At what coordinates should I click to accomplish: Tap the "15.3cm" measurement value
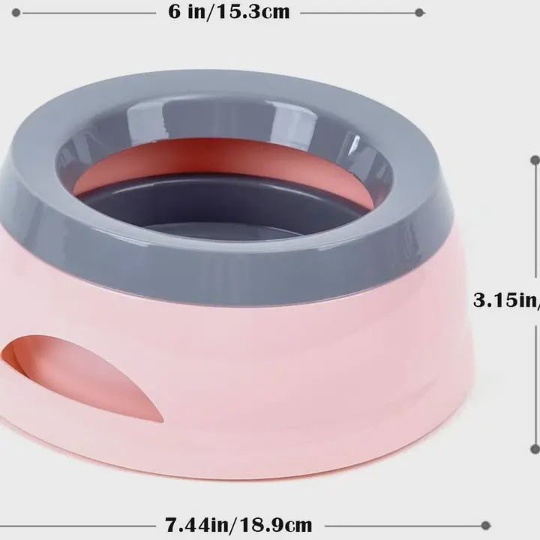tap(257, 13)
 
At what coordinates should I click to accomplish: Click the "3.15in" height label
tap(506, 301)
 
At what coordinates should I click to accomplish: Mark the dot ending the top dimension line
tap(419, 13)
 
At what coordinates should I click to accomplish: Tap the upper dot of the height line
tap(535, 160)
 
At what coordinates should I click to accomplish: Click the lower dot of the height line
tap(535, 449)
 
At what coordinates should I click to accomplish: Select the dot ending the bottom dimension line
tap(486, 524)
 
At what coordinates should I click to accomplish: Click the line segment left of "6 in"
tap(82, 13)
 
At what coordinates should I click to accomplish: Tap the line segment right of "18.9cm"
tap(405, 524)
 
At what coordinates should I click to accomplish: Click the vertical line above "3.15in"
tap(535, 225)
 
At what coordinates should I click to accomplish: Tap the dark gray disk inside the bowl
tap(225, 210)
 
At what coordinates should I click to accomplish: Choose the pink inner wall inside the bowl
tap(225, 161)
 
